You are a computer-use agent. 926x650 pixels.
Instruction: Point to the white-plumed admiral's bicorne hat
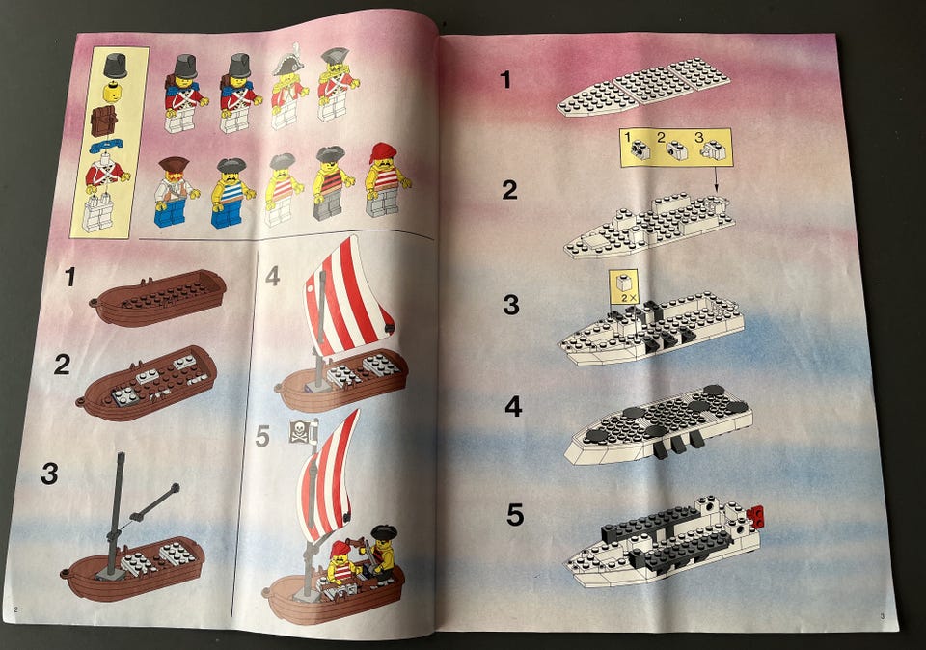tap(287, 60)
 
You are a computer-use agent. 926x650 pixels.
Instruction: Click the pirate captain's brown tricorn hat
tap(174, 164)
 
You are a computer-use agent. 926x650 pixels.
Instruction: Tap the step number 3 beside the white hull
tap(511, 305)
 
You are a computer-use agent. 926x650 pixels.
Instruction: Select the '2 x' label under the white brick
tap(629, 298)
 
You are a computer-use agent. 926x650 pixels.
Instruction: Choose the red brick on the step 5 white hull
tap(756, 517)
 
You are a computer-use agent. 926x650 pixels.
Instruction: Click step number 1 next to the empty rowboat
tap(70, 277)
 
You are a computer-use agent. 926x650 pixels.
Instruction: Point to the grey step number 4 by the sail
tap(272, 276)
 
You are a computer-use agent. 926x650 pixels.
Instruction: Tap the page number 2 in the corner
tap(15, 609)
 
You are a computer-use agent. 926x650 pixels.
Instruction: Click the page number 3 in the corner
tap(883, 616)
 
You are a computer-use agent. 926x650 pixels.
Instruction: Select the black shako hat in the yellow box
tap(116, 65)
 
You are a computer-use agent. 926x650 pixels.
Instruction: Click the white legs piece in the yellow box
tap(98, 212)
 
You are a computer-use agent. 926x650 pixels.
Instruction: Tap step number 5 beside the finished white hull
tap(515, 514)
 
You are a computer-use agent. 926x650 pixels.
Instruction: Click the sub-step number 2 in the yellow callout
tap(662, 137)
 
